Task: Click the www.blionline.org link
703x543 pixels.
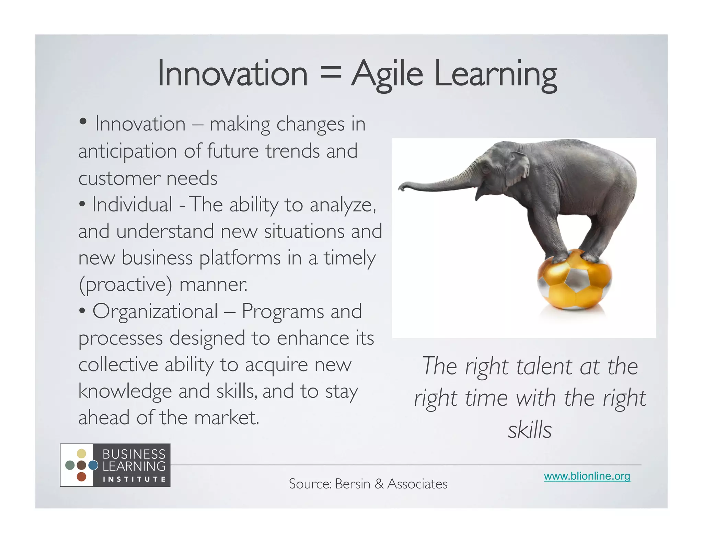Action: (587, 476)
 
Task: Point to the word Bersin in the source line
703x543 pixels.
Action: (353, 484)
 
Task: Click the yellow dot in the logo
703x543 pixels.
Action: (81, 454)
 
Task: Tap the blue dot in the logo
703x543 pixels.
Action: (93, 465)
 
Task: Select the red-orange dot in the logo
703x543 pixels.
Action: (81, 477)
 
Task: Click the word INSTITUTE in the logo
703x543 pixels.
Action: (134, 479)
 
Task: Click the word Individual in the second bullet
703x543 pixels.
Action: (132, 205)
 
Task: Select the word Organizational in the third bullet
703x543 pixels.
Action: (155, 312)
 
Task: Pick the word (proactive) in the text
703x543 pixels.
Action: (125, 285)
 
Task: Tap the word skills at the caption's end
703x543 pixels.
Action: (530, 430)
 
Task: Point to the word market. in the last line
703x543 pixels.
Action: (227, 418)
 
